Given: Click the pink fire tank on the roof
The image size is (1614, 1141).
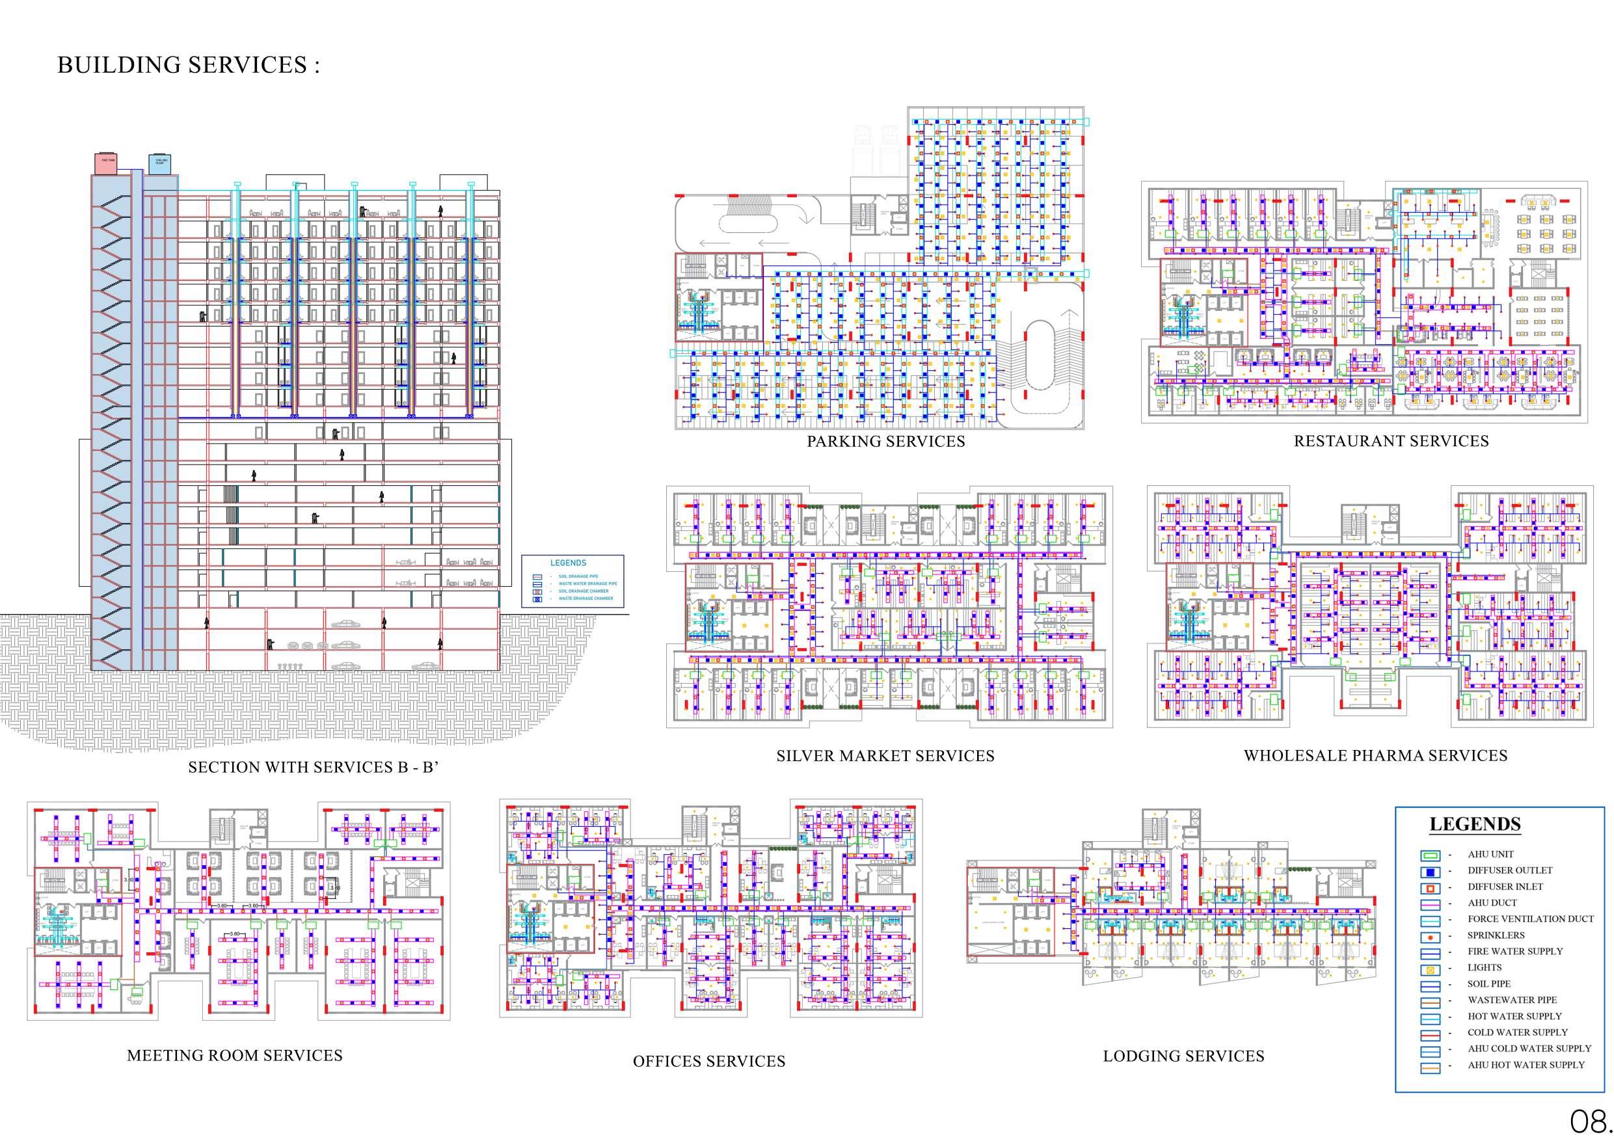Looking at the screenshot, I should [x=106, y=163].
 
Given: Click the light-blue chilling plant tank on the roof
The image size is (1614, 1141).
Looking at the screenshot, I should [x=160, y=163].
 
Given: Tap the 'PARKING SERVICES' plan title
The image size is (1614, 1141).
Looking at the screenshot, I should [x=886, y=442].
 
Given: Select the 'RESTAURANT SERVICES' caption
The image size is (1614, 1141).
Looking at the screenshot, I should [x=1391, y=441].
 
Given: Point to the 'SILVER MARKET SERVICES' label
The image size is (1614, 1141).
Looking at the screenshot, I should [x=885, y=756].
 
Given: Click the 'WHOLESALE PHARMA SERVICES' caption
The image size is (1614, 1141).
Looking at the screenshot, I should [x=1375, y=756].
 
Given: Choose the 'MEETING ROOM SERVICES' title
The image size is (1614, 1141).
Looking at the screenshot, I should [x=235, y=1055].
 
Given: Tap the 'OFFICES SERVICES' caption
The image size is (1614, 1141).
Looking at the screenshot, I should [x=708, y=1062].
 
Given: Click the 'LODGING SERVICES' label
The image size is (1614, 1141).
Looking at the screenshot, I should [x=1183, y=1056].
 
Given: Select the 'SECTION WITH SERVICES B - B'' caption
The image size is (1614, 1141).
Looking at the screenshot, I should [x=314, y=767].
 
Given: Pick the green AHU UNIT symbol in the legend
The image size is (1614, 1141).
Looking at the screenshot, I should [x=1431, y=855].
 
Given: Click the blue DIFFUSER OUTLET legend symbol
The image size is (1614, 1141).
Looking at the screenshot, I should [x=1431, y=872].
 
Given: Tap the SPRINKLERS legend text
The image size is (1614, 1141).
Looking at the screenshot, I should [x=1496, y=935].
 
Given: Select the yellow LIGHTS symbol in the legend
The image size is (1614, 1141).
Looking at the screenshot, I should [x=1431, y=969].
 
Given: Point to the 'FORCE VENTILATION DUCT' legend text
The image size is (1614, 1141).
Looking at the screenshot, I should [x=1530, y=919].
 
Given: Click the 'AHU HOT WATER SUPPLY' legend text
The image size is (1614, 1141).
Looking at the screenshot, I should [x=1526, y=1065].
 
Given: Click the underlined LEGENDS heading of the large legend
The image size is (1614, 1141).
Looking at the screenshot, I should [x=1475, y=824].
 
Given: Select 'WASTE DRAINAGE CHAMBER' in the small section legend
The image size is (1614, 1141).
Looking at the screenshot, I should [x=585, y=598].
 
